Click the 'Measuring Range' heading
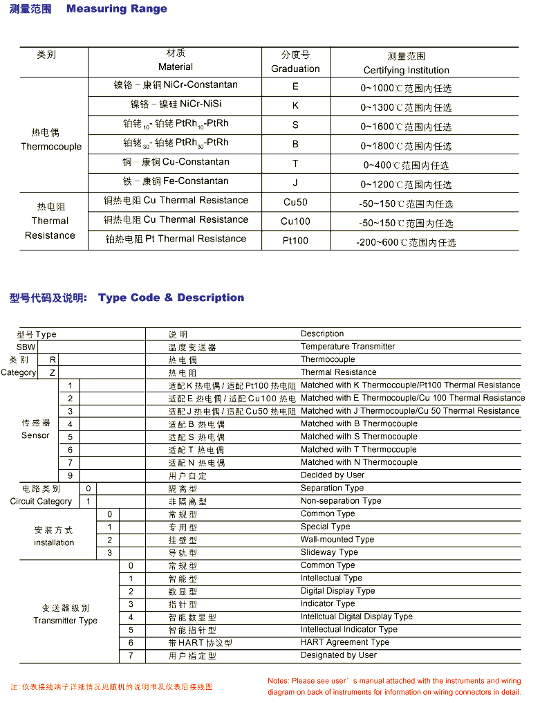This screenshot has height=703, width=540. click(116, 9)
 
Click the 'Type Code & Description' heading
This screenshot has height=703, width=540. click(171, 298)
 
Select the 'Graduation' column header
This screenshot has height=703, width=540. click(295, 69)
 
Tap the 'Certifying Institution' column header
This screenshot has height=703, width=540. click(406, 70)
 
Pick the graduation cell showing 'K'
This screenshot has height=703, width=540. click(295, 105)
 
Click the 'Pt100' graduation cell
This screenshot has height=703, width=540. click(295, 241)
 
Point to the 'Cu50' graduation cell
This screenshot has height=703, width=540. click(295, 202)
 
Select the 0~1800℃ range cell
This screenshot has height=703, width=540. click(406, 146)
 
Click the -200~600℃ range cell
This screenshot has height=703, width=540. click(406, 242)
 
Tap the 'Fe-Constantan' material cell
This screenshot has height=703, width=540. click(176, 181)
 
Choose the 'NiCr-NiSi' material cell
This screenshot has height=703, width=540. click(176, 104)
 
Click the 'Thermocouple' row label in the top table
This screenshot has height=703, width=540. click(51, 147)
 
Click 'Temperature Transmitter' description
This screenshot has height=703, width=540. click(348, 347)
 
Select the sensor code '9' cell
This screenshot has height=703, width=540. click(70, 475)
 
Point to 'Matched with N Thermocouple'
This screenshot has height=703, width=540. click(359, 462)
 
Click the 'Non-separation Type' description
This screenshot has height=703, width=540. click(341, 501)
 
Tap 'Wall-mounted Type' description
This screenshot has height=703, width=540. click(337, 540)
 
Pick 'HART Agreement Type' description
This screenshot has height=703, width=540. click(344, 642)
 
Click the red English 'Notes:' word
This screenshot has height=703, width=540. click(278, 681)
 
